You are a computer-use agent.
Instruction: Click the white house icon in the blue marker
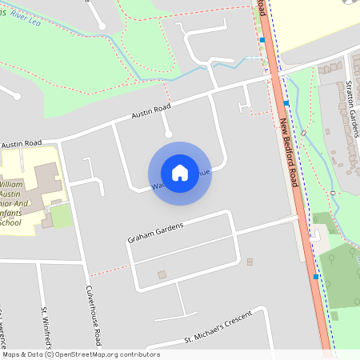click(180, 172)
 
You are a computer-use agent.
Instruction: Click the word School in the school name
click(10, 222)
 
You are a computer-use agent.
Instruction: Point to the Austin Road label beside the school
click(22, 144)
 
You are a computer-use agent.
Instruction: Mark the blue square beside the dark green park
click(316, 277)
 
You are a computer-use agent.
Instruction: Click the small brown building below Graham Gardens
click(162, 274)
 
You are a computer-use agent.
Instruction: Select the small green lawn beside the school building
click(61, 216)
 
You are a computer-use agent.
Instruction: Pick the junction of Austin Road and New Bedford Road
click(272, 76)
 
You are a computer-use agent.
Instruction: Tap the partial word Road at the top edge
click(261, 6)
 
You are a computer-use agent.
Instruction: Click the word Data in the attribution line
click(33, 354)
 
